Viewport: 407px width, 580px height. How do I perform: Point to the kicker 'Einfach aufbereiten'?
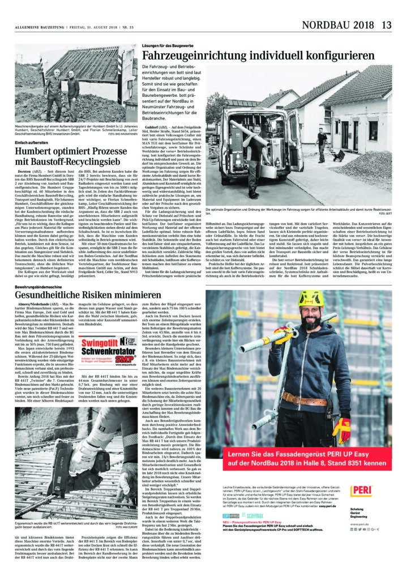pos(32,142)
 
